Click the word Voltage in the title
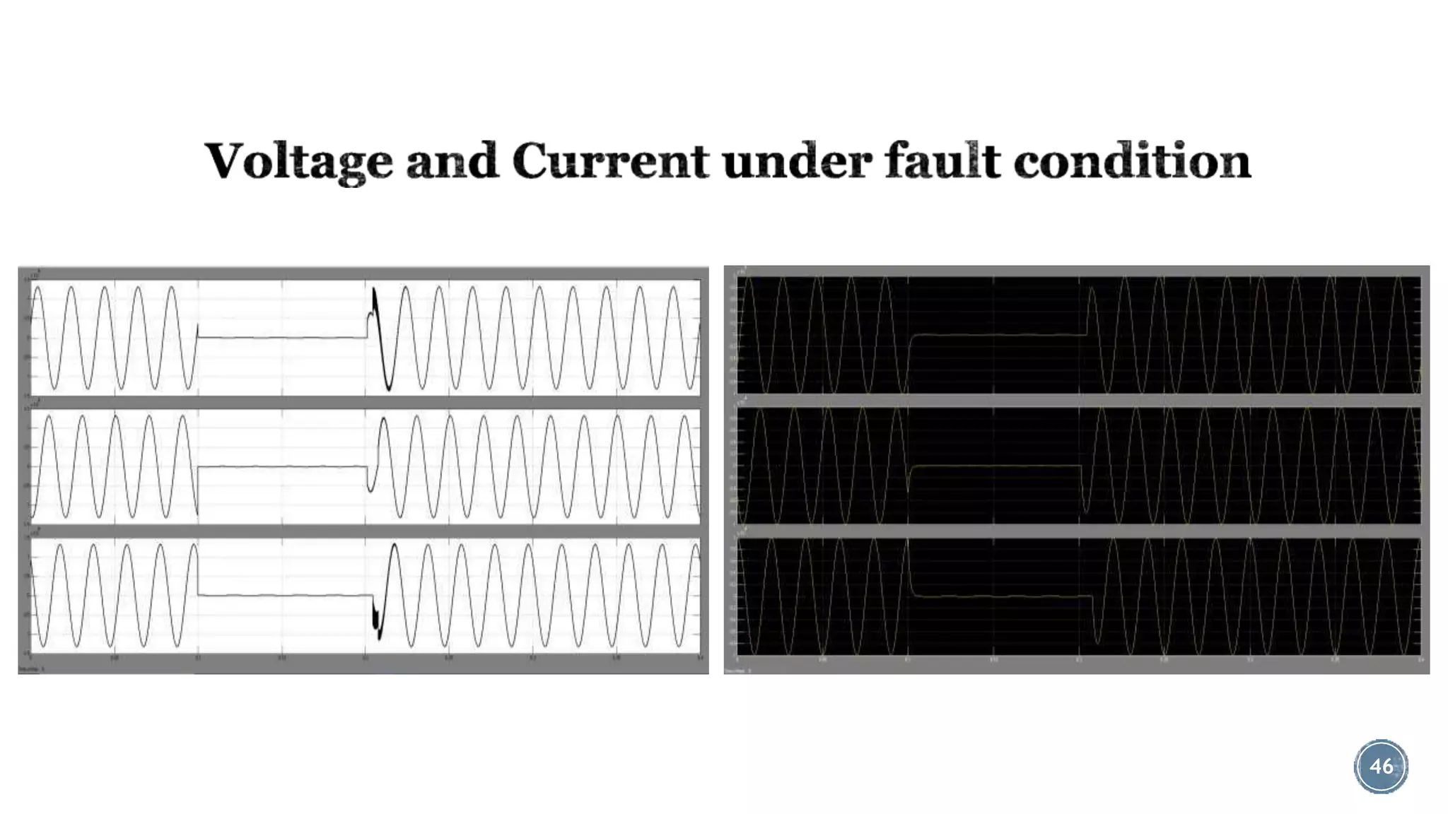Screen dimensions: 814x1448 (x=298, y=161)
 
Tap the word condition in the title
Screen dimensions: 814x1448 (x=1132, y=161)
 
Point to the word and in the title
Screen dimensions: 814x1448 (x=452, y=161)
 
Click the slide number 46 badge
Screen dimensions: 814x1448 (x=1381, y=766)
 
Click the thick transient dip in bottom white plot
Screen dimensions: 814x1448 (x=377, y=622)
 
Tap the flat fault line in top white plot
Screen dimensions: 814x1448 (x=283, y=337)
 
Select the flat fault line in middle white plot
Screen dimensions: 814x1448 (x=283, y=466)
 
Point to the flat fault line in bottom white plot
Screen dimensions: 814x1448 (x=283, y=596)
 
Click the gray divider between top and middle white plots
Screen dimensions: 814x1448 (x=364, y=402)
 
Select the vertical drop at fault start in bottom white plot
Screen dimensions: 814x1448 (x=198, y=569)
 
